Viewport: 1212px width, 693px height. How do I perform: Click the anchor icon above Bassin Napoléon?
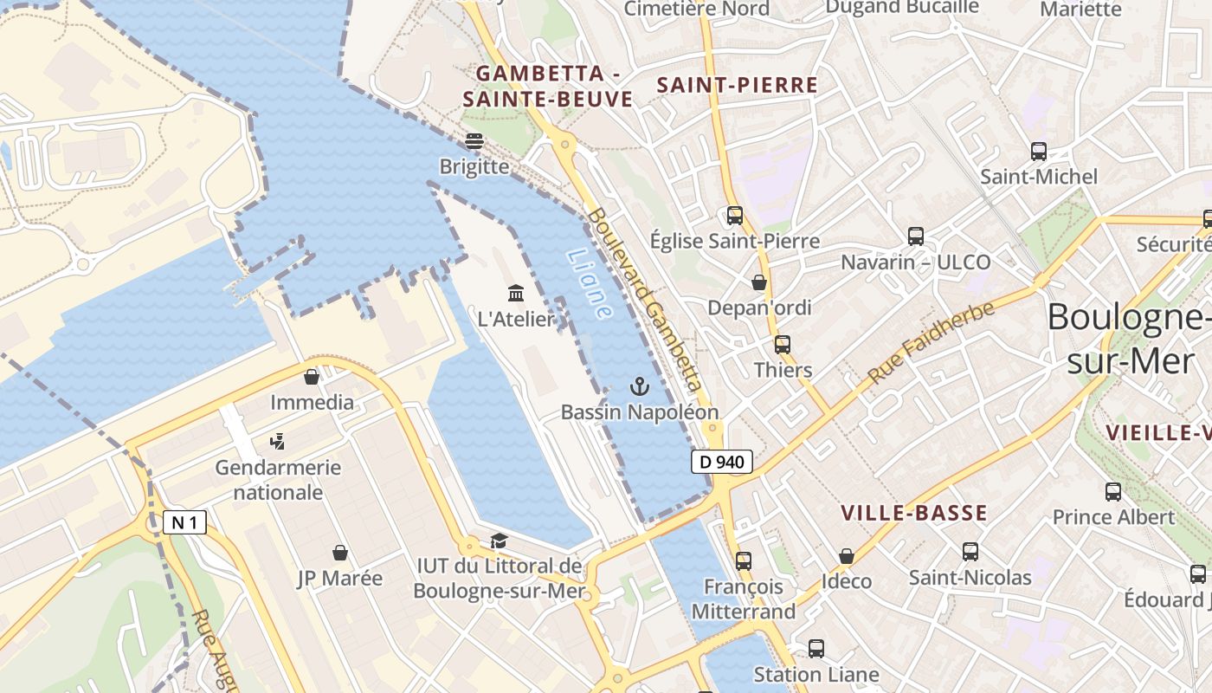coord(640,385)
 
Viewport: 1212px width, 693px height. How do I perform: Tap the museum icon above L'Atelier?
coord(516,293)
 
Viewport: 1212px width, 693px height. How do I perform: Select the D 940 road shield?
coord(721,462)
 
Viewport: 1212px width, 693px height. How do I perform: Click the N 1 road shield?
coord(184,522)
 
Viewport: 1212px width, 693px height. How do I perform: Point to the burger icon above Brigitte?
coord(474,140)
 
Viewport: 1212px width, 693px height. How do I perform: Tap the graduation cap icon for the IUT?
coord(499,541)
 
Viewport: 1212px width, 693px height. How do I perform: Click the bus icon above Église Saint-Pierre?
coord(735,216)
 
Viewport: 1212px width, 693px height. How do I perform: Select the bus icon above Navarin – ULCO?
coord(916,236)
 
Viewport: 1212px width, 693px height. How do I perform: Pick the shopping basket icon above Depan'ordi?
coord(759,282)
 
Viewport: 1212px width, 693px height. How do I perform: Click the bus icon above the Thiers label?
coord(783,345)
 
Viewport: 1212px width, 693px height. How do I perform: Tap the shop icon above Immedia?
coord(312,377)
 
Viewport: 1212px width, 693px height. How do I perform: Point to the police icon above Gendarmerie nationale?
coord(278,442)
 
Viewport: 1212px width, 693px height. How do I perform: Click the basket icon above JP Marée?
coord(340,553)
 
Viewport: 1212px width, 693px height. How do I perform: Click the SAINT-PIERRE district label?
coord(738,85)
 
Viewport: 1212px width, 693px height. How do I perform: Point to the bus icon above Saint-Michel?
coord(1039,152)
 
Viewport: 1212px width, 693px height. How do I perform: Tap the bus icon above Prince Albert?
coord(1113,492)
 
